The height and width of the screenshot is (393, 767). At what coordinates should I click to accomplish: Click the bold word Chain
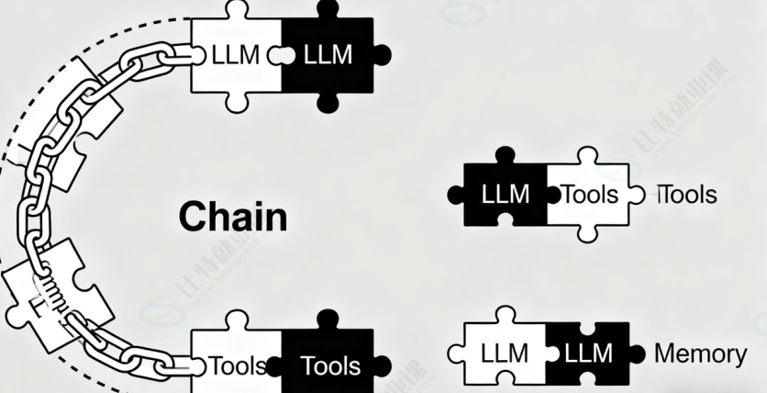[x=232, y=217]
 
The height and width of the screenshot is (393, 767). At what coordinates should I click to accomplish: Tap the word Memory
[x=700, y=354]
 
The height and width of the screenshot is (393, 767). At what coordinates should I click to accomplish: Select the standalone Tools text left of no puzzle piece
[x=688, y=195]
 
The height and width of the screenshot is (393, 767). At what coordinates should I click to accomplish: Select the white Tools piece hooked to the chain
[x=237, y=365]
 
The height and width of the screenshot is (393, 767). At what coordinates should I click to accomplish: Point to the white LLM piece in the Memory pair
[x=505, y=354]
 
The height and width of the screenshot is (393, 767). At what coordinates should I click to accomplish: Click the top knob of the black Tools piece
[x=328, y=320]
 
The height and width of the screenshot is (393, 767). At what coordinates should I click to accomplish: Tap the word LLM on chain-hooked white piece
[x=236, y=55]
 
